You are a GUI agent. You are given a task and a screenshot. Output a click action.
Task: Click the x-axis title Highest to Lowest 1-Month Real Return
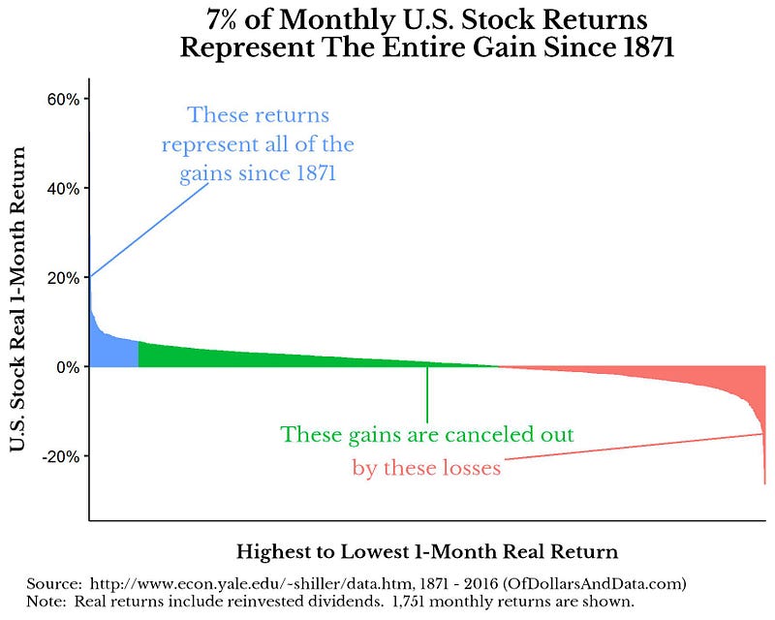pos(426,552)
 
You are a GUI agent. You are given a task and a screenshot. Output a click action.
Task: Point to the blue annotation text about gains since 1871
pos(258,144)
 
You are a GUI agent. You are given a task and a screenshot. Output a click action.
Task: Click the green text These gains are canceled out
pos(427,433)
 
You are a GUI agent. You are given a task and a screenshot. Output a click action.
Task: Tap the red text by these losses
pos(426,469)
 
